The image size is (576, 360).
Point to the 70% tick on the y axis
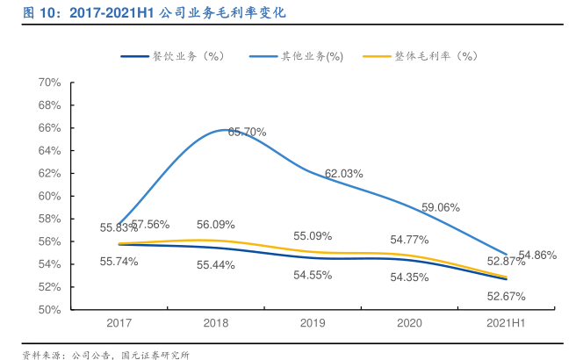48,83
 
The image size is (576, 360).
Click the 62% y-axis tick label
48,173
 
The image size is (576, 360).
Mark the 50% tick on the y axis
48,310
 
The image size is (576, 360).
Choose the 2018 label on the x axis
216,323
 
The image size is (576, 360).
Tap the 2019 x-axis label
313,323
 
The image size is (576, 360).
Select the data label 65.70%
247,132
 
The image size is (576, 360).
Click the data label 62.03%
343,174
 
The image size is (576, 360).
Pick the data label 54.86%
537,256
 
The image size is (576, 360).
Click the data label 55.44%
215,264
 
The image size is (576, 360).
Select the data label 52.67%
507,296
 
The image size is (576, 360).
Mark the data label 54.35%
409,277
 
